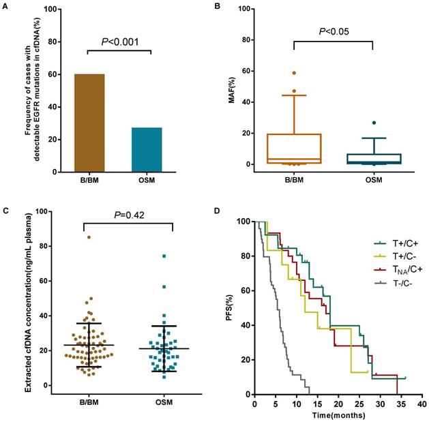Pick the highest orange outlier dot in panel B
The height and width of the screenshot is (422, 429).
[x=294, y=73]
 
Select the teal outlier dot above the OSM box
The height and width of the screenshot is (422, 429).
[x=373, y=123]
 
